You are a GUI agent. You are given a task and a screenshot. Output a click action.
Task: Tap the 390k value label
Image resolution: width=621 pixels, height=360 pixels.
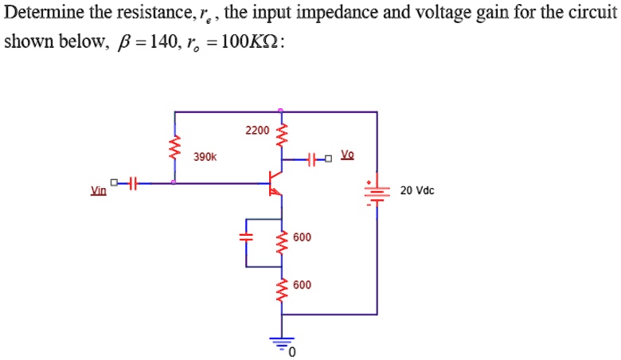tap(205, 158)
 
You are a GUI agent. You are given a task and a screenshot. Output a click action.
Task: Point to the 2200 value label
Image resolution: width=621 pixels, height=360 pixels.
tap(256, 129)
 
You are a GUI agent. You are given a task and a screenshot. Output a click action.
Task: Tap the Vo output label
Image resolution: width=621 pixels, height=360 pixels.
tap(348, 154)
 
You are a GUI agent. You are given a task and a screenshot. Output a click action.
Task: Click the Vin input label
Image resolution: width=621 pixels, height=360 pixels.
tap(99, 191)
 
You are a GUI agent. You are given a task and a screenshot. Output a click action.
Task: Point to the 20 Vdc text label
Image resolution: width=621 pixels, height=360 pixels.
tap(417, 191)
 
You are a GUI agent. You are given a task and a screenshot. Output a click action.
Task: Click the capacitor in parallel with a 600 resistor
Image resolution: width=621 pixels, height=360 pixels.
tap(247, 237)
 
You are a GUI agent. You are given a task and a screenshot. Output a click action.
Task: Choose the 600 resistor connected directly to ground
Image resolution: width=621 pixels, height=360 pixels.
tap(279, 289)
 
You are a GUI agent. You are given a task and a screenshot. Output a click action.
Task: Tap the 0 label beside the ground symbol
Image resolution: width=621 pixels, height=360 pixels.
tap(292, 351)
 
